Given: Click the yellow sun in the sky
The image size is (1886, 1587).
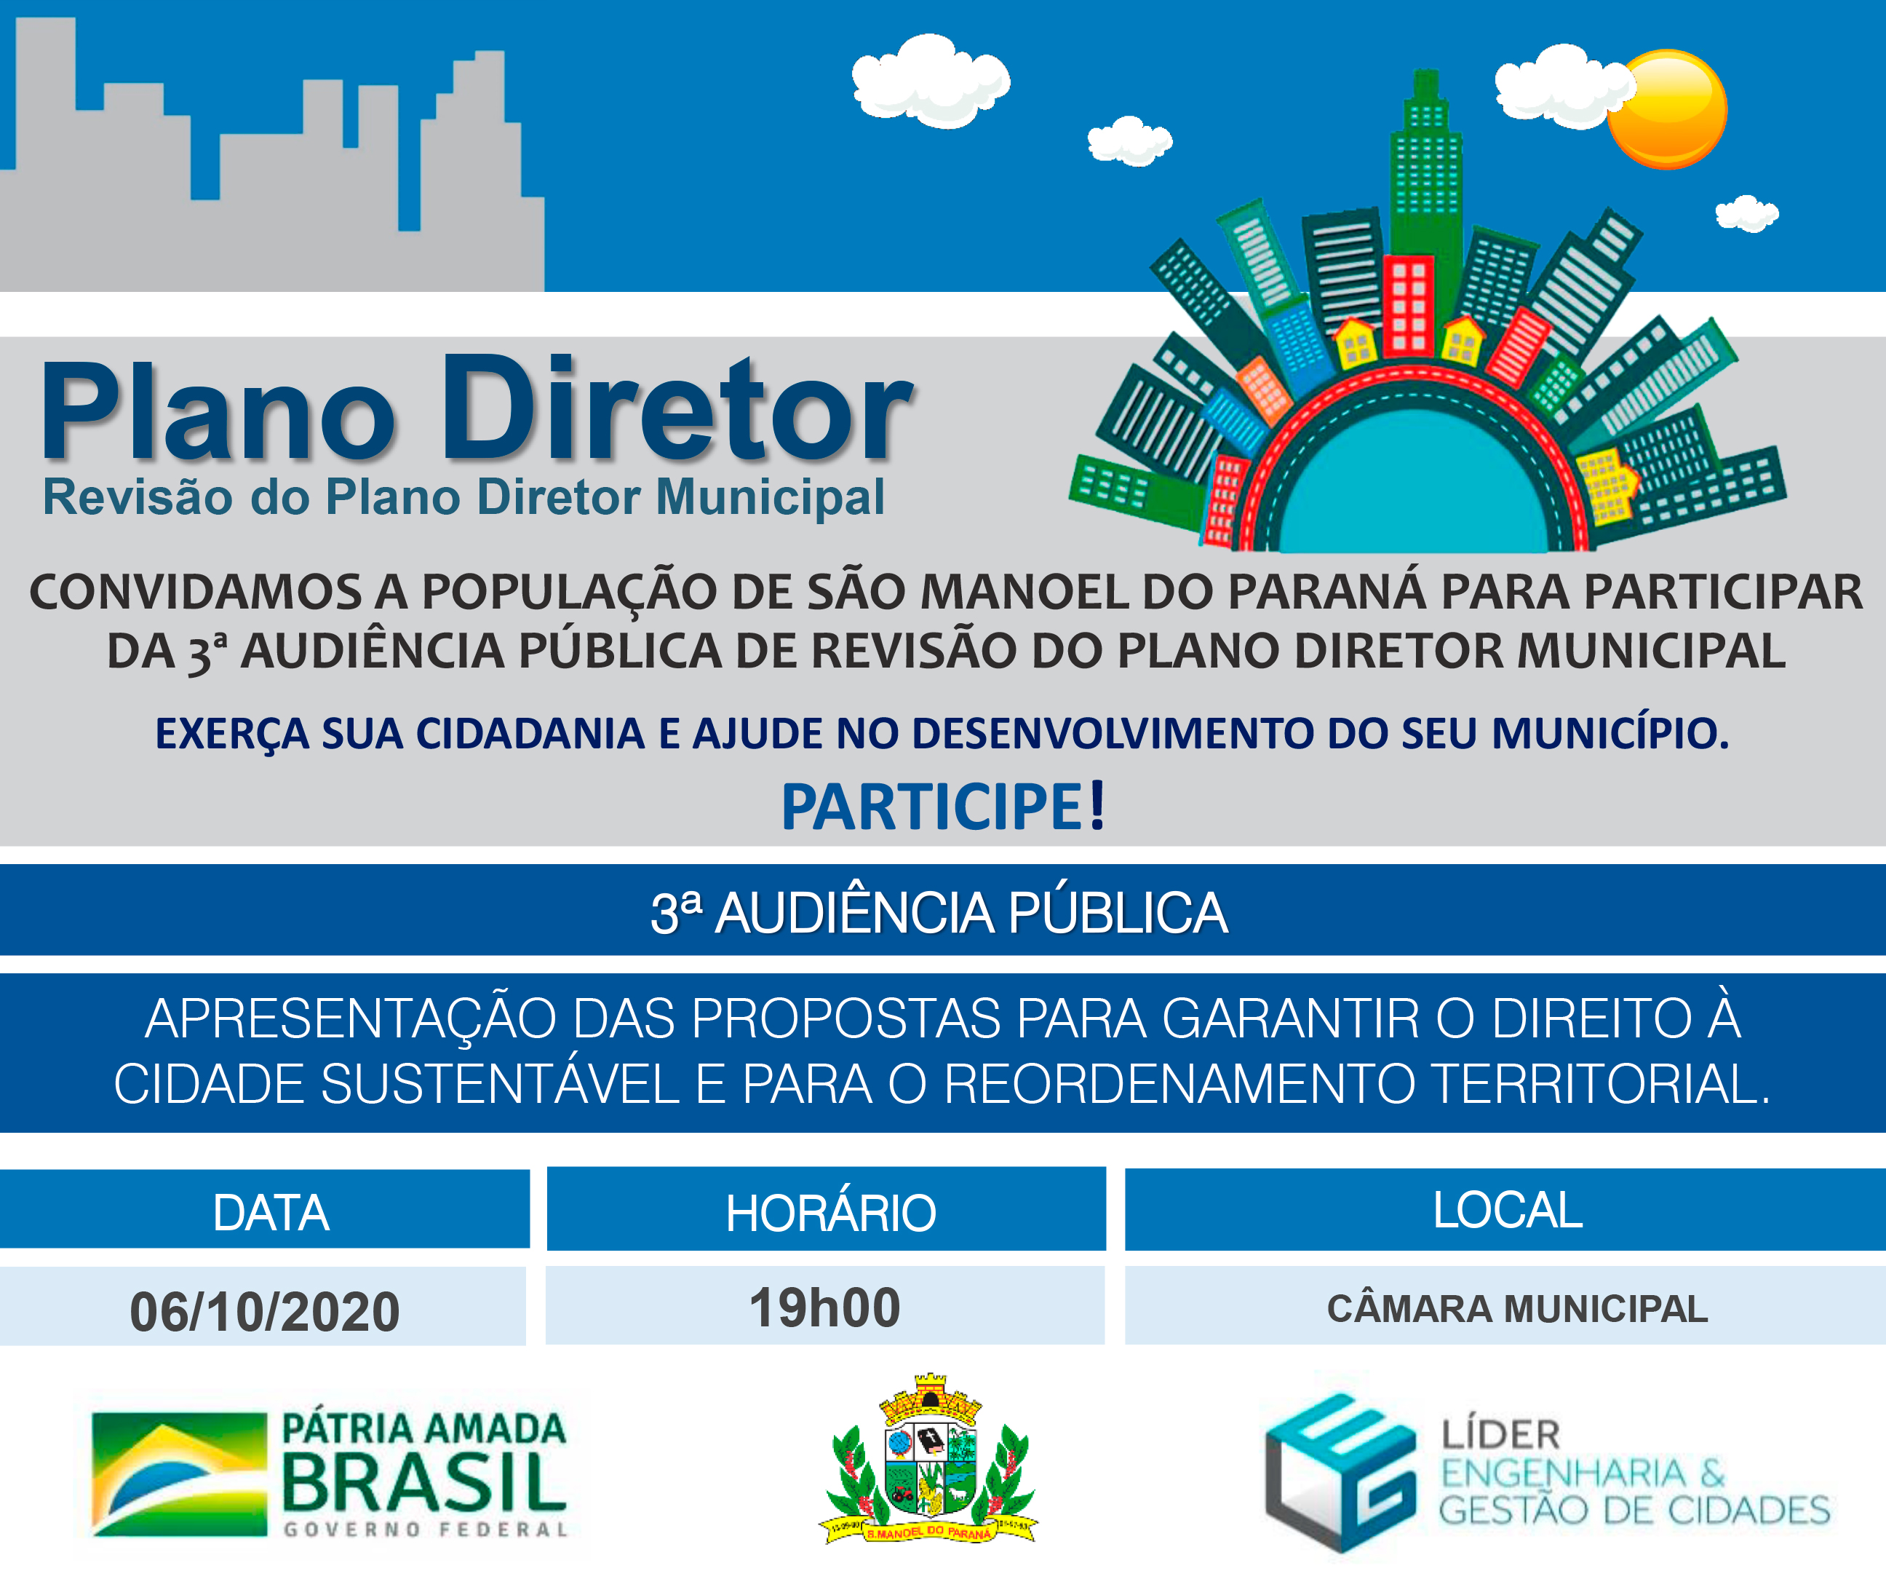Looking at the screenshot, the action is pyautogui.click(x=1666, y=109).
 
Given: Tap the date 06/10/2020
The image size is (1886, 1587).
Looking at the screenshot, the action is pyautogui.click(x=264, y=1312).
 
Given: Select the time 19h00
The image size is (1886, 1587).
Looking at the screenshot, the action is pyautogui.click(x=824, y=1307).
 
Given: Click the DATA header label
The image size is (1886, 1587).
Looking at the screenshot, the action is pyautogui.click(x=271, y=1213).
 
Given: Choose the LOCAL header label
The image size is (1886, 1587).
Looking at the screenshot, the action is pyautogui.click(x=1508, y=1210).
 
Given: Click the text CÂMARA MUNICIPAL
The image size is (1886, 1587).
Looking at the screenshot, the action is pyautogui.click(x=1517, y=1308).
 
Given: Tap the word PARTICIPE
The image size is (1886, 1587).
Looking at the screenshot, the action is pyautogui.click(x=933, y=807).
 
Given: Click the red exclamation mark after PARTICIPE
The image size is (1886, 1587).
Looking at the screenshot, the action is pyautogui.click(x=1097, y=805).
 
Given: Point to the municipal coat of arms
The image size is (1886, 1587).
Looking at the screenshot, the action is pyautogui.click(x=929, y=1460).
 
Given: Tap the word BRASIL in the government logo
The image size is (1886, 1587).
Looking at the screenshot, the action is pyautogui.click(x=424, y=1481).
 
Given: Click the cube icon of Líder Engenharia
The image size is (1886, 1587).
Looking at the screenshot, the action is pyautogui.click(x=1340, y=1473).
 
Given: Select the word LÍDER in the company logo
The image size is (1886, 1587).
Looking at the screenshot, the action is pyautogui.click(x=1501, y=1435).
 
